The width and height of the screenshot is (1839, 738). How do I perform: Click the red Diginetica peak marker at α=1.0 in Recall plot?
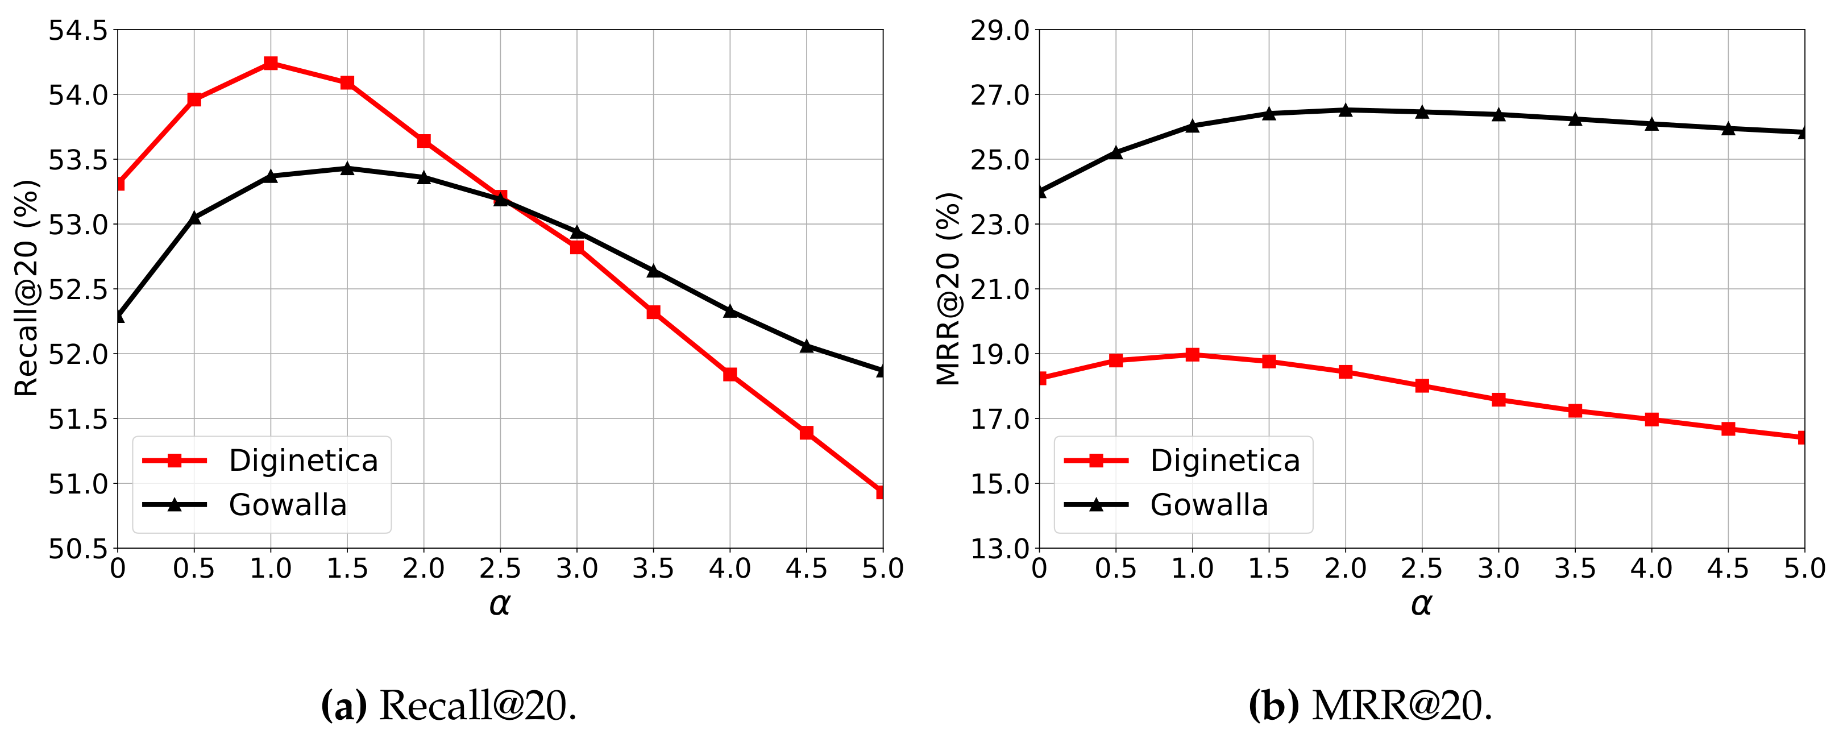(271, 64)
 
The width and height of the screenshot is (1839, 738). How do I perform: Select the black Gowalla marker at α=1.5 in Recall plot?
(347, 168)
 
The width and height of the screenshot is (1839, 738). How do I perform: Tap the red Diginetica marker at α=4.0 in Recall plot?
(729, 374)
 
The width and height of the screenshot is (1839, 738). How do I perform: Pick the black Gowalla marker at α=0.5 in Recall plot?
(194, 218)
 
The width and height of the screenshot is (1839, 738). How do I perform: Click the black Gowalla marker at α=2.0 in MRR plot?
(1346, 110)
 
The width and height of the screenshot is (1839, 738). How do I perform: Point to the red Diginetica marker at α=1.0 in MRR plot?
(1192, 355)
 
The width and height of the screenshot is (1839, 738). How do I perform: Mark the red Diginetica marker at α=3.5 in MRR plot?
(1575, 411)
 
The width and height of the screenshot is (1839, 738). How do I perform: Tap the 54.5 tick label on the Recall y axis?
(77, 31)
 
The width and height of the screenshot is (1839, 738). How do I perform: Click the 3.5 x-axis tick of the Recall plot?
(653, 569)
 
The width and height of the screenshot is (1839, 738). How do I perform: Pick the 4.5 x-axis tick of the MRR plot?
(1728, 569)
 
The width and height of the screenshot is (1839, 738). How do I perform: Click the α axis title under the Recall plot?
(500, 604)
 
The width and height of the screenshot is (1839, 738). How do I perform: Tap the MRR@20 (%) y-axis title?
(948, 288)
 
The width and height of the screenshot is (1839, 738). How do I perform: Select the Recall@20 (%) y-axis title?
(26, 288)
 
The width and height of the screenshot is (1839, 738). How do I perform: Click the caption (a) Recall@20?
(449, 706)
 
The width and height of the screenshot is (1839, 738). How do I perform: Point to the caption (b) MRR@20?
(1370, 706)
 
